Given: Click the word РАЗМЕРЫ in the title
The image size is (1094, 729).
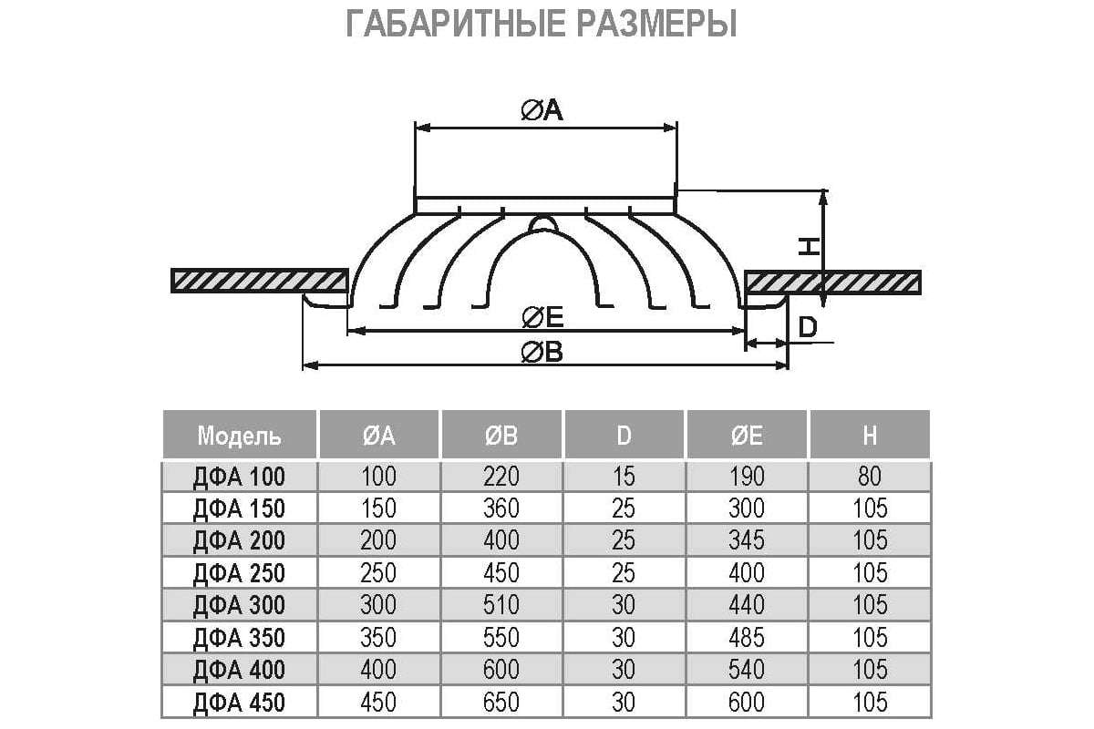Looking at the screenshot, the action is pyautogui.click(x=656, y=23).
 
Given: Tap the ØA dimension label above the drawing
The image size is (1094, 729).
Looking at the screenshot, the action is pyautogui.click(x=542, y=110).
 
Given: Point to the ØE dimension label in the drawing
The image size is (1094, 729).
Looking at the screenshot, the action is pyautogui.click(x=542, y=317).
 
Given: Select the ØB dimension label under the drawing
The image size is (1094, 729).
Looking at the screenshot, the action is pyautogui.click(x=542, y=352).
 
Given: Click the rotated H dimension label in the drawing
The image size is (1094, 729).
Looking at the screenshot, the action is pyautogui.click(x=809, y=247).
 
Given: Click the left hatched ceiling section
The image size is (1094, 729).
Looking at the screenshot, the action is pyautogui.click(x=259, y=281).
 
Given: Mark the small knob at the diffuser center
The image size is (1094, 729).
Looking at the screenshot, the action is pyautogui.click(x=543, y=223).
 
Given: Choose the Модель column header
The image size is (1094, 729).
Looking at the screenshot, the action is pyautogui.click(x=239, y=436).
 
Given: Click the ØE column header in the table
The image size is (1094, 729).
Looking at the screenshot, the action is pyautogui.click(x=747, y=436).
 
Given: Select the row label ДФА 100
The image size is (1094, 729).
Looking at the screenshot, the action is pyautogui.click(x=239, y=477).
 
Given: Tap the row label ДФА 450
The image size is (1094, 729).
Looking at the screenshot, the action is pyautogui.click(x=239, y=703).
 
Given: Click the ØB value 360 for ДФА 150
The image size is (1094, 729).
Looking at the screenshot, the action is pyautogui.click(x=501, y=508).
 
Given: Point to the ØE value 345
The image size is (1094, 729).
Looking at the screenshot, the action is pyautogui.click(x=747, y=540).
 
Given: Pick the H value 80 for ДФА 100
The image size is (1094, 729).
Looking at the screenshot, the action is pyautogui.click(x=870, y=477).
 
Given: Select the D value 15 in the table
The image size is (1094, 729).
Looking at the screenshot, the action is pyautogui.click(x=624, y=477).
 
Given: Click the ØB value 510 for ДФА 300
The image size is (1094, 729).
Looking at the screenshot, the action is pyautogui.click(x=501, y=605).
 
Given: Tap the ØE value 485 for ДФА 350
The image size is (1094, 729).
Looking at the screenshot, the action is pyautogui.click(x=747, y=637).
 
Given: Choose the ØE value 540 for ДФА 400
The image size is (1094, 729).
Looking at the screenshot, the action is pyautogui.click(x=747, y=670).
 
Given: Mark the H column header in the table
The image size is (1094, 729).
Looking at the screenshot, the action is pyautogui.click(x=870, y=436).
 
